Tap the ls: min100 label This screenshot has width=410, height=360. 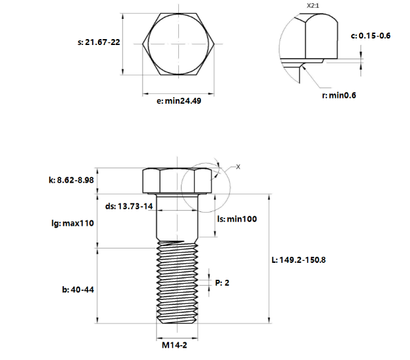[236, 218]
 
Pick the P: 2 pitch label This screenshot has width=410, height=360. [223, 282]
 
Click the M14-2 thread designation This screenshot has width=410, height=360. [178, 346]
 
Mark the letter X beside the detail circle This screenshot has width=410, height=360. [238, 167]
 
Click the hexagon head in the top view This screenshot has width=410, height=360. [179, 44]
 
